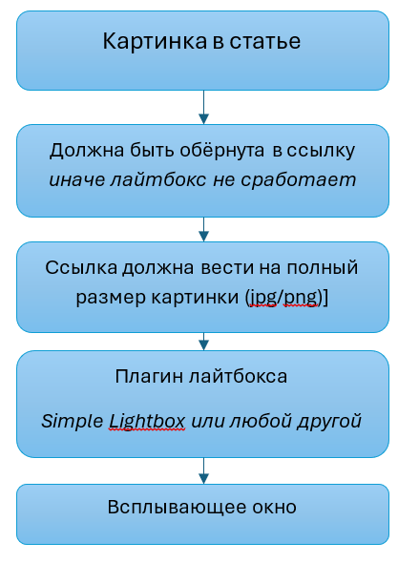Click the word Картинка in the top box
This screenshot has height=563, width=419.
(156, 41)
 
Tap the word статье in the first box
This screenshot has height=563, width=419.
(265, 41)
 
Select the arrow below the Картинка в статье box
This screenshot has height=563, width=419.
(203, 108)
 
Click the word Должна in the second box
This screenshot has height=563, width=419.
(87, 151)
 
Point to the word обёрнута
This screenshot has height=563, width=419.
(221, 150)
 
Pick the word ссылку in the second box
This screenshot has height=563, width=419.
(321, 151)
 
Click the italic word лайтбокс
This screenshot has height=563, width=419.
(158, 179)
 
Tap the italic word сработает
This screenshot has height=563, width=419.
(299, 180)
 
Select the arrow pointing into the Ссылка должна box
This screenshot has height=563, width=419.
(203, 229)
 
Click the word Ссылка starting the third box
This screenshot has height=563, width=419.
(81, 267)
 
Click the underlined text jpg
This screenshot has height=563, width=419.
(262, 298)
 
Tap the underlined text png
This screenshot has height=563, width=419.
(301, 299)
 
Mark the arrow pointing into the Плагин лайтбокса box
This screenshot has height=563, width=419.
(203, 342)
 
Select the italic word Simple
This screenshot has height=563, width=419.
(73, 421)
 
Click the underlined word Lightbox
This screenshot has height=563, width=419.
(147, 421)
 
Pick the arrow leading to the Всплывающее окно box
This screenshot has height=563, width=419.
(203, 470)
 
